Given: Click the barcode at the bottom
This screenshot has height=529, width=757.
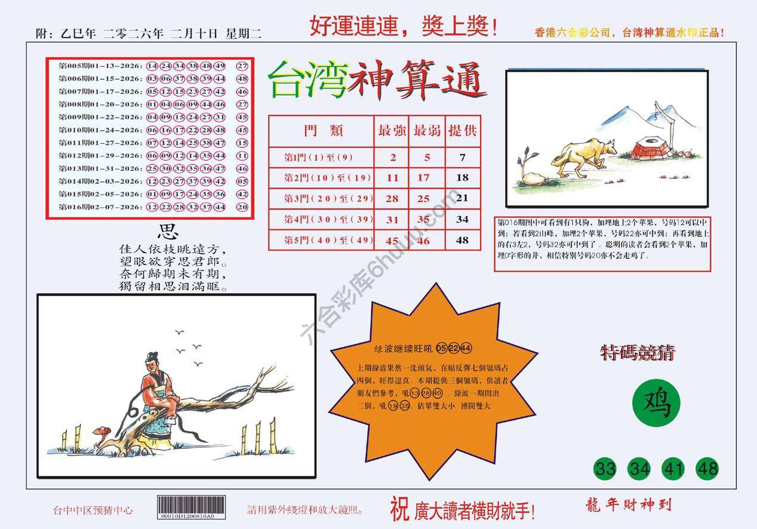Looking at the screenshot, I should [192, 508].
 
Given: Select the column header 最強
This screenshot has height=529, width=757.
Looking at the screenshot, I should [392, 131].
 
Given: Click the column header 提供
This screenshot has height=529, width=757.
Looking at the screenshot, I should [463, 131].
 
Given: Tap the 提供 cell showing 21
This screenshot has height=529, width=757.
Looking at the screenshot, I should [463, 198].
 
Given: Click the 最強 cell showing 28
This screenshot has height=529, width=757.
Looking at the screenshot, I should [392, 198].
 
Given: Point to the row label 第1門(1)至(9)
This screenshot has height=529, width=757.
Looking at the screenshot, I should [319, 158].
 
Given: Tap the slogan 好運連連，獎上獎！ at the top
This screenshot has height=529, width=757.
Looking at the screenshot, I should [404, 27].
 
